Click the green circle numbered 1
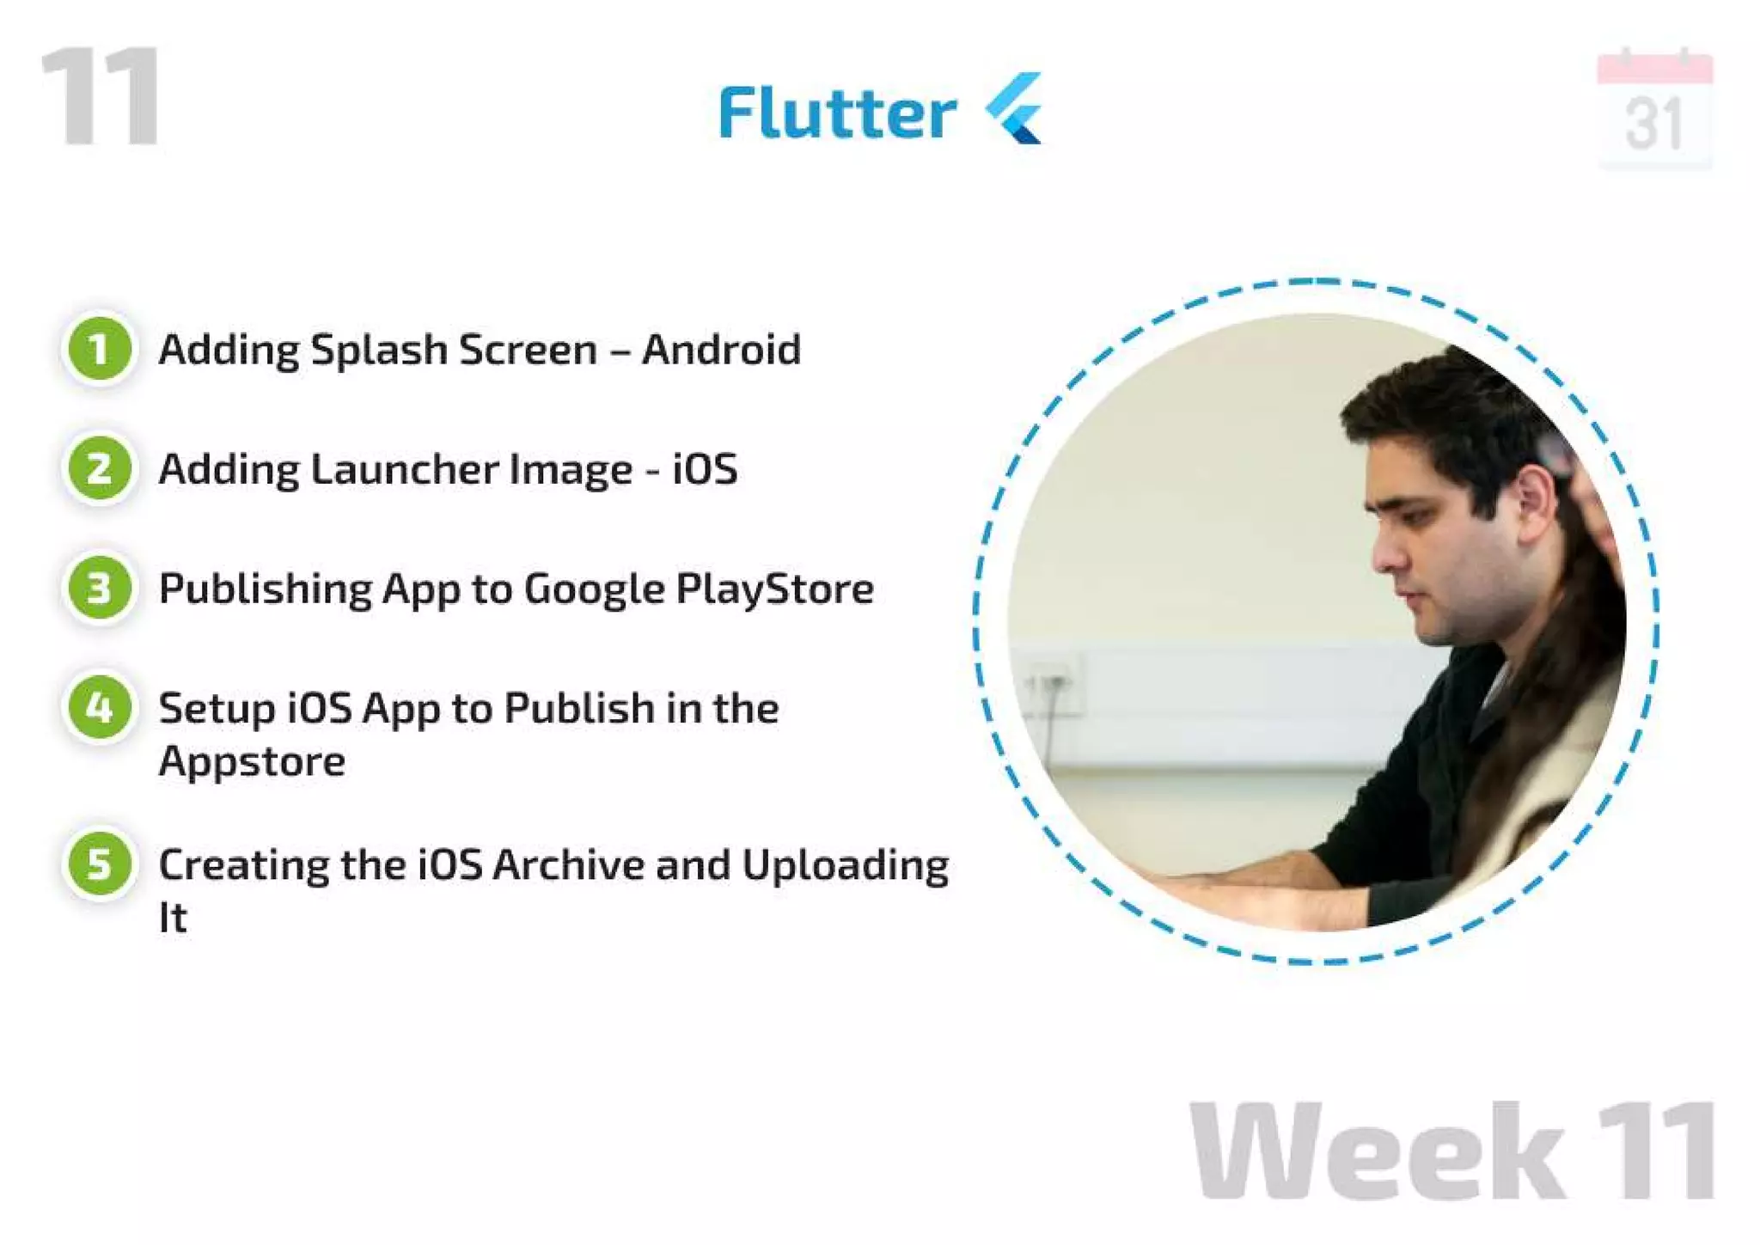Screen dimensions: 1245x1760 click(100, 349)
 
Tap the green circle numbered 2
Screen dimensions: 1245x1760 click(100, 468)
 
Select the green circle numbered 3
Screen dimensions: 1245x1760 click(100, 589)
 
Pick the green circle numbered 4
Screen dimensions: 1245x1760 click(100, 708)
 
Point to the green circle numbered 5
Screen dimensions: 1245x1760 click(100, 864)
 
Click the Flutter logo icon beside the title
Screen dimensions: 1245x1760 click(1016, 109)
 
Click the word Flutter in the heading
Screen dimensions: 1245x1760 click(837, 113)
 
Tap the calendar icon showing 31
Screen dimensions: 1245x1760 click(1654, 109)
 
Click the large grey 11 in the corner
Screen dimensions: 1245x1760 click(101, 96)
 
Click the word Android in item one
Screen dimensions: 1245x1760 click(721, 350)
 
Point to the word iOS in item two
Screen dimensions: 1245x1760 click(705, 469)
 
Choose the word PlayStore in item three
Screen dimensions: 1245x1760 click(774, 589)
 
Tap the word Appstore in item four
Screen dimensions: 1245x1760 click(252, 762)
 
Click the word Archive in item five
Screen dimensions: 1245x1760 click(568, 865)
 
